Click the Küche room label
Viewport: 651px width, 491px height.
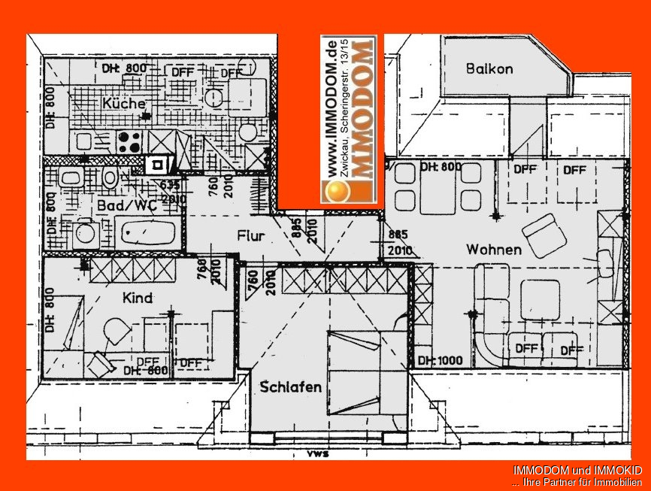(x=124, y=103)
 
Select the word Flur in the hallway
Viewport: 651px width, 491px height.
(x=250, y=236)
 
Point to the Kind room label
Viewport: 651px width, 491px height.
(x=137, y=298)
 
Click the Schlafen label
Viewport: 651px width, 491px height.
(x=291, y=387)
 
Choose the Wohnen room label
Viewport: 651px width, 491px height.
(x=493, y=249)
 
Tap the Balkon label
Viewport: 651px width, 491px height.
(x=489, y=68)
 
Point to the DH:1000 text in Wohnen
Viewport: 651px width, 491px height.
(x=440, y=360)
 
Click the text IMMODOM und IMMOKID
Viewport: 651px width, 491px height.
(x=577, y=470)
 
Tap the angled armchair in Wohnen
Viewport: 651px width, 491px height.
(x=544, y=235)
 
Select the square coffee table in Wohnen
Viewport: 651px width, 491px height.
(x=540, y=299)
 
